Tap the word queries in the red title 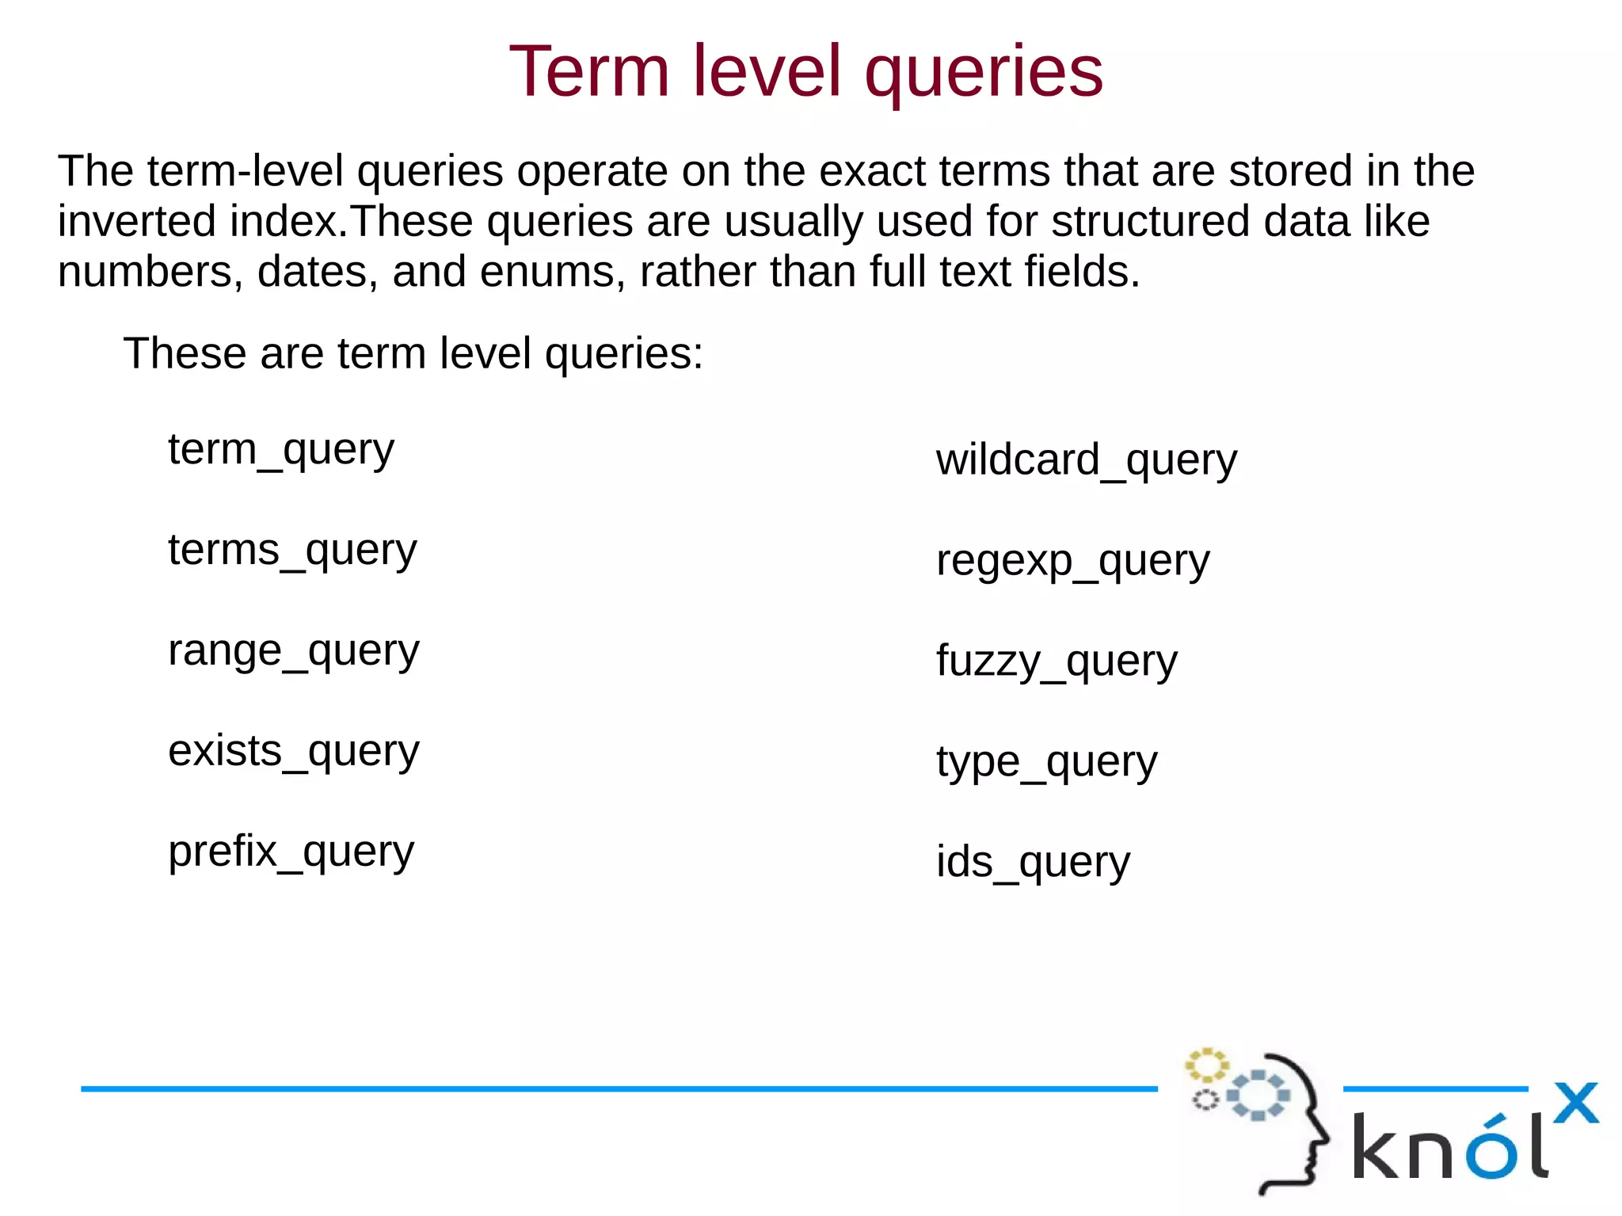(x=983, y=73)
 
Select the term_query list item (x=280, y=451)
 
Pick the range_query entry (x=293, y=652)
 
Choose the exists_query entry (x=293, y=752)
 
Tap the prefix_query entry (x=291, y=852)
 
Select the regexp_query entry (x=1072, y=562)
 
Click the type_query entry (x=1046, y=763)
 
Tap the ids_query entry (x=1033, y=863)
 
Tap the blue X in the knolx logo (x=1575, y=1103)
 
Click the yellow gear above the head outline (x=1205, y=1065)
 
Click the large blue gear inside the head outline (x=1258, y=1096)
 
